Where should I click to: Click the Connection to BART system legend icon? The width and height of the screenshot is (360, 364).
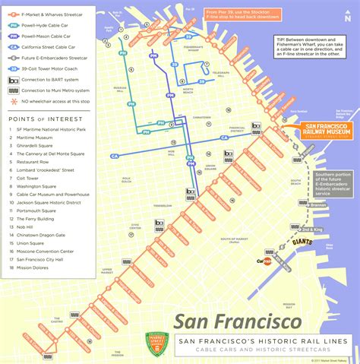14,79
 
